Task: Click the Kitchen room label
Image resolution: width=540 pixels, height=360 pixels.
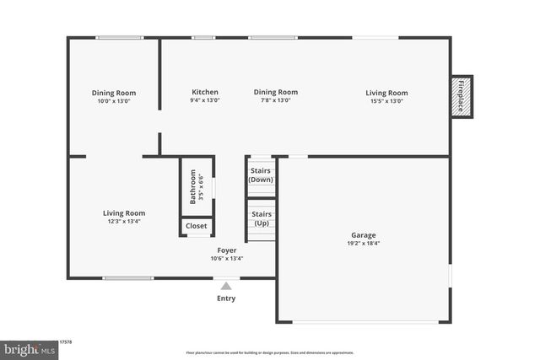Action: pyautogui.click(x=205, y=93)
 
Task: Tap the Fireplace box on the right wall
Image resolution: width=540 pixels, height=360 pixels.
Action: pyautogui.click(x=462, y=97)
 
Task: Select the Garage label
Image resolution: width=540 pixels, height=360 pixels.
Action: pyautogui.click(x=364, y=235)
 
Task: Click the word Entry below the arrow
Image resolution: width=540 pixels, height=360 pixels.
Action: pyautogui.click(x=226, y=298)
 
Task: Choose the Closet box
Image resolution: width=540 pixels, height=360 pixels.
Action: pyautogui.click(x=196, y=226)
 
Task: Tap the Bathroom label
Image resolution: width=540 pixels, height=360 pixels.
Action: pyautogui.click(x=194, y=187)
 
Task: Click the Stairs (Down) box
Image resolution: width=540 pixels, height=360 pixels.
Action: pyautogui.click(x=261, y=175)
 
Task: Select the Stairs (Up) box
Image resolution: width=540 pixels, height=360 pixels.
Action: pyautogui.click(x=261, y=218)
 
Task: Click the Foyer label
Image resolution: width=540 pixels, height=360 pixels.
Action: pyautogui.click(x=227, y=250)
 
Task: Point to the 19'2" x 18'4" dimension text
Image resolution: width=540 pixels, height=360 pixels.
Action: pyautogui.click(x=364, y=244)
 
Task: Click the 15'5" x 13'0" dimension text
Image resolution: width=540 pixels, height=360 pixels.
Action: pyautogui.click(x=386, y=101)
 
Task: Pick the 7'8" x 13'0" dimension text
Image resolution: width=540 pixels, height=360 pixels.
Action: pyautogui.click(x=275, y=101)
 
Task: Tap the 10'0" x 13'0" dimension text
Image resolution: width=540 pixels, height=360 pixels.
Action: pyautogui.click(x=114, y=101)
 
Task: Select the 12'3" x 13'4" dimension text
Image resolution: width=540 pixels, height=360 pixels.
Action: pyautogui.click(x=124, y=222)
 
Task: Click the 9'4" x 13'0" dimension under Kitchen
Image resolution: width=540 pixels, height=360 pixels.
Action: pyautogui.click(x=205, y=101)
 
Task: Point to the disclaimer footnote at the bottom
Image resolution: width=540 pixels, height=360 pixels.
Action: pyautogui.click(x=270, y=353)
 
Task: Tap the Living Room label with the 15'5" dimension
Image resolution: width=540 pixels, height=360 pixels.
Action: pyautogui.click(x=386, y=93)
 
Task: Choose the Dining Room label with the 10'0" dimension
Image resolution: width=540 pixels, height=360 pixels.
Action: pyautogui.click(x=114, y=93)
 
